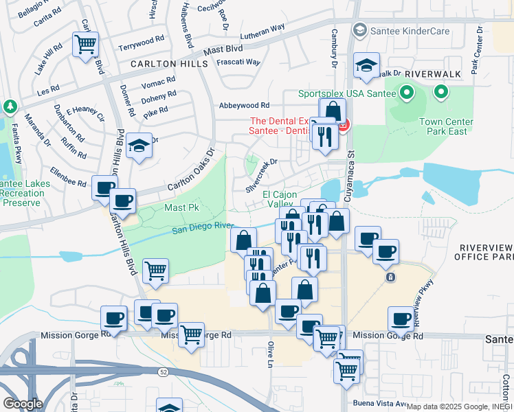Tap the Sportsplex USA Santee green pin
(406, 92)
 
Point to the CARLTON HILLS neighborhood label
(170, 63)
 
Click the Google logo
(23, 403)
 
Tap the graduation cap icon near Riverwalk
(367, 66)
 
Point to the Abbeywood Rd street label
(243, 105)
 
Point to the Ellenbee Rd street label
(69, 177)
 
